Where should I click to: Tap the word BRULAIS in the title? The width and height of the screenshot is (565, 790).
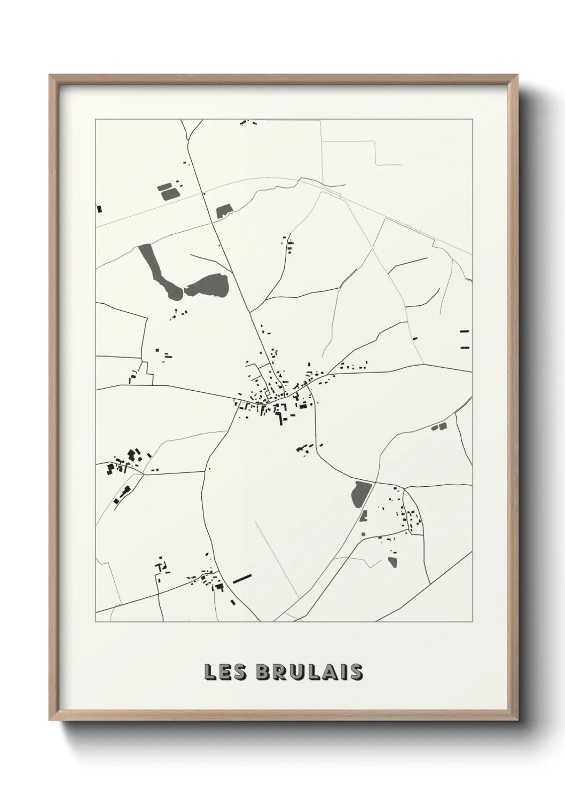click(311, 673)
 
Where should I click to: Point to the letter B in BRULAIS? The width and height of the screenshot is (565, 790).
click(266, 673)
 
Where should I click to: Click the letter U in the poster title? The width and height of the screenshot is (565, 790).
click(297, 673)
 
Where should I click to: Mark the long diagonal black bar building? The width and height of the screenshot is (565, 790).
click(242, 578)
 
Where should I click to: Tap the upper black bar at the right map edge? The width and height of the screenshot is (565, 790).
click(464, 331)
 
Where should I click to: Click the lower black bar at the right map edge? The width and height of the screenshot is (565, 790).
click(464, 347)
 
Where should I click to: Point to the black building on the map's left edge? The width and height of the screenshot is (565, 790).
click(99, 209)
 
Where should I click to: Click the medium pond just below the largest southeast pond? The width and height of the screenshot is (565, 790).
click(365, 516)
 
